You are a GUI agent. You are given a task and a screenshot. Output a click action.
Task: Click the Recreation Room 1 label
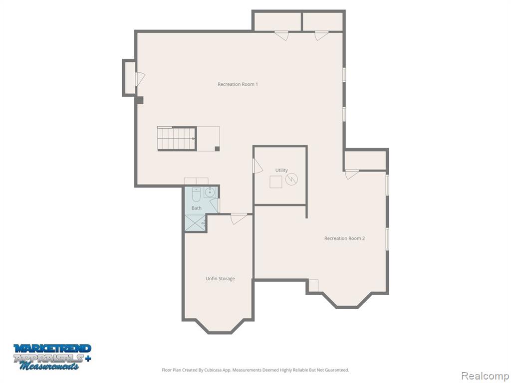tap(238, 84)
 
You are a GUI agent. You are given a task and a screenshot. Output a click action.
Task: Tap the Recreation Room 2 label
tap(344, 238)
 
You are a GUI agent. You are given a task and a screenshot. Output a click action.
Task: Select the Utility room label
tap(281, 170)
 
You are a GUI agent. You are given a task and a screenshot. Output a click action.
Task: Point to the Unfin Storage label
tap(220, 279)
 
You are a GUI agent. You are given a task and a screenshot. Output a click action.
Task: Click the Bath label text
tap(197, 208)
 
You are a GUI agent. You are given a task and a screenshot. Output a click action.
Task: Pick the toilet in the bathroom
tap(196, 193)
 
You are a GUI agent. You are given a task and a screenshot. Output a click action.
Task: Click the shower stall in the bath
tap(195, 223)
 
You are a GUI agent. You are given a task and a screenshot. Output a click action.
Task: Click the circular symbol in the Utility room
tap(291, 179)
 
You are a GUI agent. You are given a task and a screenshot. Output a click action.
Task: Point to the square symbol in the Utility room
tap(276, 182)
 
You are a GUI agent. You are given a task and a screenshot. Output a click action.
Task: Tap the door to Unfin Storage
tap(239, 218)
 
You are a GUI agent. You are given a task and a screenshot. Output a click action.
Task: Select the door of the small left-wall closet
tap(140, 78)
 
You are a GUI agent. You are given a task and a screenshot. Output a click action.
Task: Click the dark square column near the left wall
tap(139, 100)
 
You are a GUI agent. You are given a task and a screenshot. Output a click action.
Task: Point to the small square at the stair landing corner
tap(217, 148)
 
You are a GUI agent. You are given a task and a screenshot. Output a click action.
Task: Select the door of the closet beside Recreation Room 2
tap(352, 174)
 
